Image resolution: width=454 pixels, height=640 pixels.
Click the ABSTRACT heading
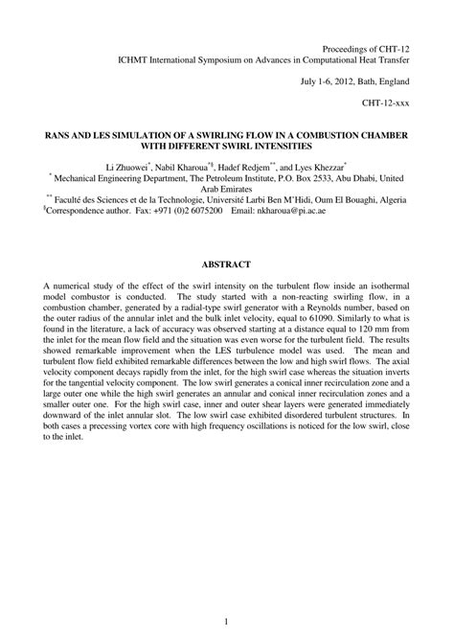point(226,263)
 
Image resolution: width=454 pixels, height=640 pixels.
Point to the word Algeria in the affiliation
point(384,198)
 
